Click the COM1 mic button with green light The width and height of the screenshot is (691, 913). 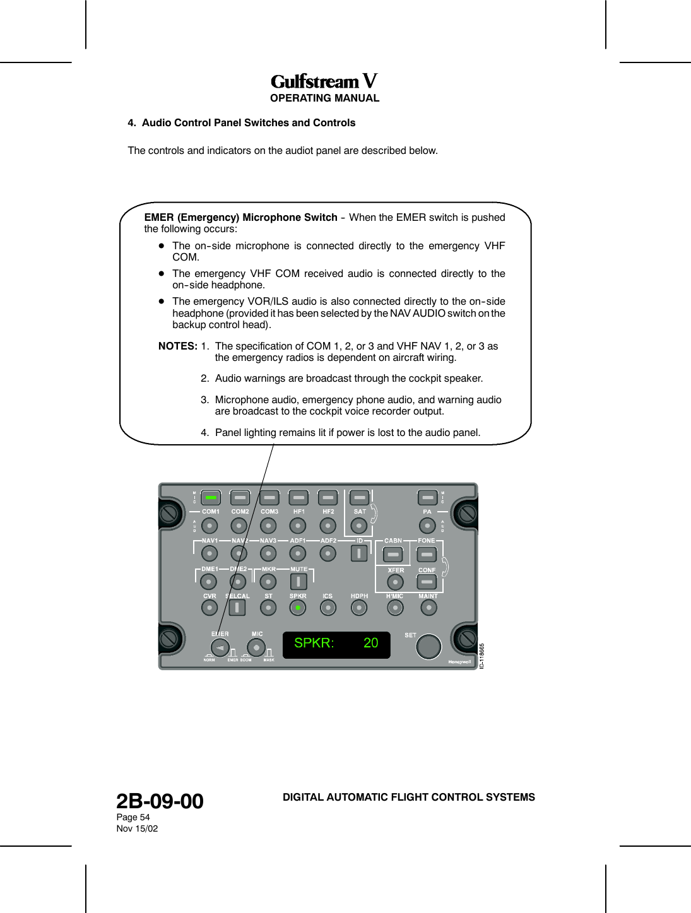211,497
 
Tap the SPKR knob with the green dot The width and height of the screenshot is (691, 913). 297,608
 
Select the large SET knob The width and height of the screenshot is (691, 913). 428,647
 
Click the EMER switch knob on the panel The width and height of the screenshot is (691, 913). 220,648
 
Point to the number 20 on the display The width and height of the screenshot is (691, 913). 370,643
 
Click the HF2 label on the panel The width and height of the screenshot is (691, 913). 328,512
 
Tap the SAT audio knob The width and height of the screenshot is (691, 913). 358,526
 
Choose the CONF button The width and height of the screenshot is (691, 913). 427,581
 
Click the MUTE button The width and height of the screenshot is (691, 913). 298,581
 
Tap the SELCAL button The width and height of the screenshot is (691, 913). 237,608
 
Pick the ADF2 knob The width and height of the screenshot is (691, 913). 328,553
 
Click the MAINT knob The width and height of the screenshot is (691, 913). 428,608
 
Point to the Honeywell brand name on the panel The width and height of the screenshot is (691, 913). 459,662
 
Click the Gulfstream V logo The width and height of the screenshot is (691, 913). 324,81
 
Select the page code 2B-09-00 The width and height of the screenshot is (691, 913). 160,801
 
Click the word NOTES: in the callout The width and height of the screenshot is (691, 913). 177,346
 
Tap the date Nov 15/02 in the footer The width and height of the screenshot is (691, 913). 137,828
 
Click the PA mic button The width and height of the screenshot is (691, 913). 427,497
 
